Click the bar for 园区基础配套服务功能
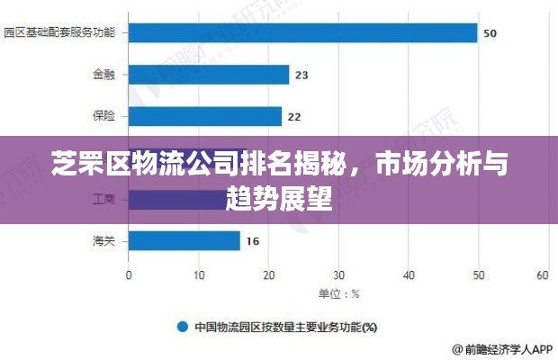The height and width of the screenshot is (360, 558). [x=302, y=33]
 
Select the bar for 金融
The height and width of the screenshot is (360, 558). [x=209, y=75]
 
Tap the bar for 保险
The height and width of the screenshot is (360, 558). [x=205, y=116]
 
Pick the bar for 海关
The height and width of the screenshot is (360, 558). [x=184, y=240]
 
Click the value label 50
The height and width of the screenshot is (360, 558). [x=490, y=33]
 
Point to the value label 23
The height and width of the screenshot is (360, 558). [x=301, y=75]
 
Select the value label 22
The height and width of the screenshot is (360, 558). [x=294, y=116]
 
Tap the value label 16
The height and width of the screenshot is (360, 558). [x=253, y=240]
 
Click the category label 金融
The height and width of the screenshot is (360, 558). [x=103, y=75]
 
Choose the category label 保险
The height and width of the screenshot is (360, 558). [x=103, y=116]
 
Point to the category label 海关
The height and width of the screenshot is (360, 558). [x=103, y=240]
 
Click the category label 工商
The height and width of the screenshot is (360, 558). [x=103, y=199]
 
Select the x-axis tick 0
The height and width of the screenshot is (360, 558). [x=129, y=274]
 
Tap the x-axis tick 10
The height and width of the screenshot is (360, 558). [x=198, y=274]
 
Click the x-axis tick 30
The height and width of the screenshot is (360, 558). [x=337, y=274]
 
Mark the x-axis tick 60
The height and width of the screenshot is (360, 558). [x=543, y=274]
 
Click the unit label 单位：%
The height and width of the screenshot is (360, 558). [x=338, y=293]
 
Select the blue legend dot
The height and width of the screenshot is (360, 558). [x=181, y=327]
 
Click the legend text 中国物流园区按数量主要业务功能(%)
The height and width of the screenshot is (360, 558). [x=286, y=327]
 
